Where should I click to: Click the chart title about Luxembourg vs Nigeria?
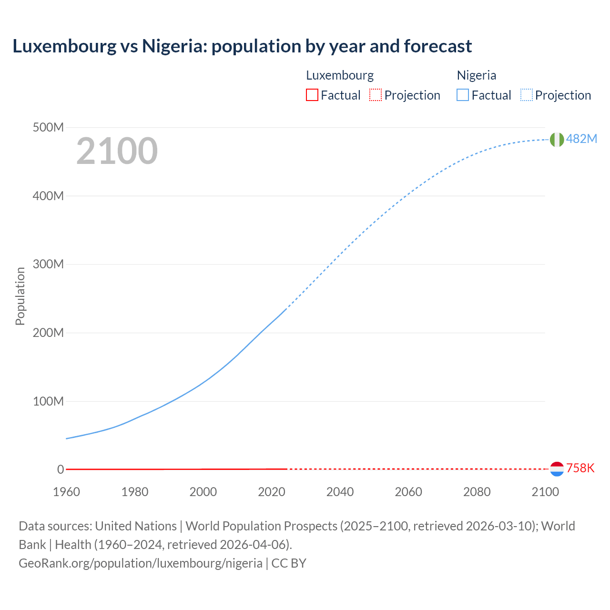coord(242,46)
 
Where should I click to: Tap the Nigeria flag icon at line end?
coord(557,140)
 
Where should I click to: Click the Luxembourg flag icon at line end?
coord(557,469)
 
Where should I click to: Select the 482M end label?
coord(581,139)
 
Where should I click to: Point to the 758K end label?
coord(580,468)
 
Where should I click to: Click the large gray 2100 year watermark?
coord(117,151)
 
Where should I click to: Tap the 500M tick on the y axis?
coord(48,128)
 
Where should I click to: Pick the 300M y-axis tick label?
coord(48,264)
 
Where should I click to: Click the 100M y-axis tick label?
coord(48,401)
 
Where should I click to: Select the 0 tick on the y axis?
coord(61,469)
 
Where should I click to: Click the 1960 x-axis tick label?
coord(66,492)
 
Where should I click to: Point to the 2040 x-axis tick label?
coord(340,492)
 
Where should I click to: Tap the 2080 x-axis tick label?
coord(477,492)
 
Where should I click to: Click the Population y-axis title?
coord(20,296)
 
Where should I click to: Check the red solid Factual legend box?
coord(312,95)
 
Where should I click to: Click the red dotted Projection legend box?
coord(376,95)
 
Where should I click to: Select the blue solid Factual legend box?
coord(463,95)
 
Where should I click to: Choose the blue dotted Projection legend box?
coord(526,95)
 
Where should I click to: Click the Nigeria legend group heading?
coord(476,75)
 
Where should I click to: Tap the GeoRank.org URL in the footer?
coord(141,563)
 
